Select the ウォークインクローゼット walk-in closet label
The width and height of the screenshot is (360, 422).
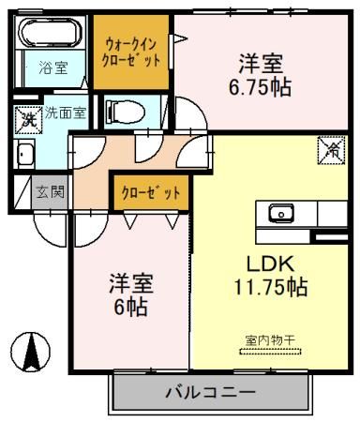[131, 50]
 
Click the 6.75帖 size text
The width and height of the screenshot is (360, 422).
[262, 89]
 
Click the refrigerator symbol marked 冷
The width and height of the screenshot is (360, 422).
[330, 147]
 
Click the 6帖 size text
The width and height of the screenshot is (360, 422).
[129, 307]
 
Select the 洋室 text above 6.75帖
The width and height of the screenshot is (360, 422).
[262, 65]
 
